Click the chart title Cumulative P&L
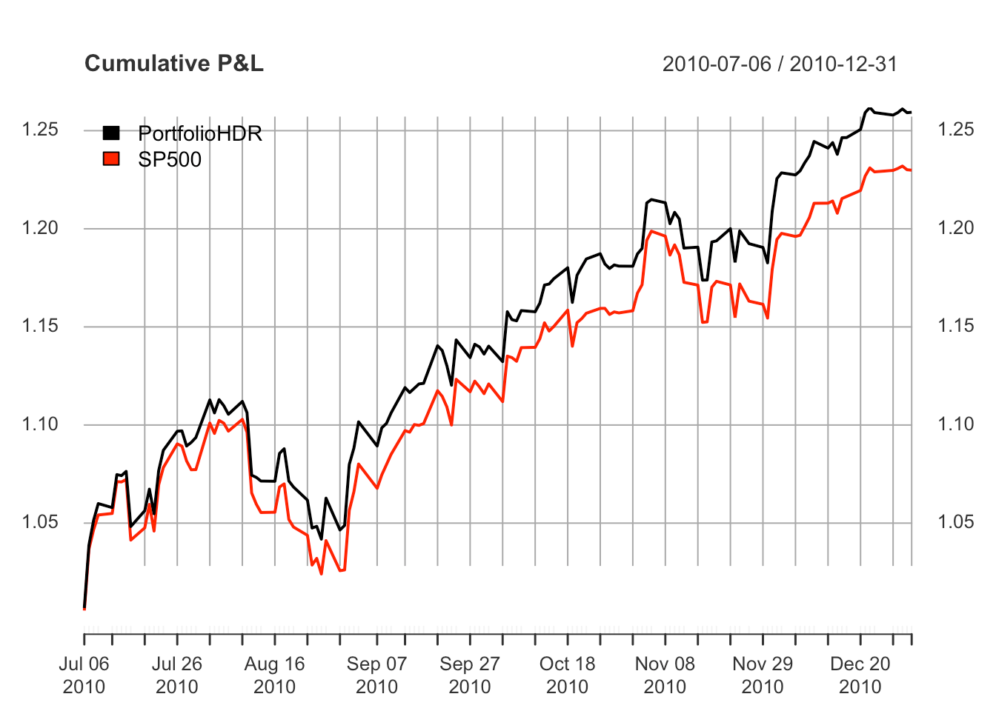point(174,64)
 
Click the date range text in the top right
point(780,64)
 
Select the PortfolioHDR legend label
point(200,133)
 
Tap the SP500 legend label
point(170,159)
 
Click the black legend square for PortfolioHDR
point(111,133)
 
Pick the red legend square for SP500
point(111,158)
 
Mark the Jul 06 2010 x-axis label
point(84,675)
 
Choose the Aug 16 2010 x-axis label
point(274,675)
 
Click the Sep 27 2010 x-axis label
point(470,675)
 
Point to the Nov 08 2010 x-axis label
point(665,675)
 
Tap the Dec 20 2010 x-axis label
point(860,675)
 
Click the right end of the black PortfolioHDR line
point(911,113)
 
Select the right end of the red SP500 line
point(911,170)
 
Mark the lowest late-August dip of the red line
point(322,574)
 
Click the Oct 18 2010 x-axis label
point(567,675)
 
